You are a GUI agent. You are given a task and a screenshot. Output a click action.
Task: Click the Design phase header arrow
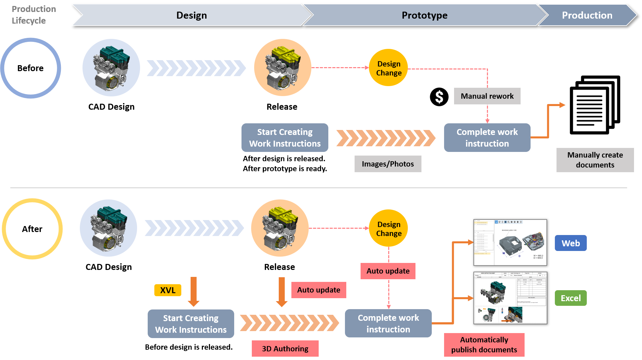click(x=191, y=15)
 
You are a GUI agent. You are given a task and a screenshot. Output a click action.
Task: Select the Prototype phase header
click(x=424, y=15)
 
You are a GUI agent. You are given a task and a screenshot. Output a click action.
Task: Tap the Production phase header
click(x=587, y=15)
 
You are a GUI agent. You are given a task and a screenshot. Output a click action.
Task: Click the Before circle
click(x=31, y=68)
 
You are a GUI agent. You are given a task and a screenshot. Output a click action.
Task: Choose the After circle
click(x=32, y=229)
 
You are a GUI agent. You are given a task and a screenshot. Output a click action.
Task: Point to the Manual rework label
click(x=487, y=96)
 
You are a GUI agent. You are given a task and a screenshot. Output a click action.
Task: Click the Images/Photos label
click(x=388, y=164)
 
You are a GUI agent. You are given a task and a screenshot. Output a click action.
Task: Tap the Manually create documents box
click(x=595, y=160)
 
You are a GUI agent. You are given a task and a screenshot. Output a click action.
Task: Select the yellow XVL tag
click(x=168, y=290)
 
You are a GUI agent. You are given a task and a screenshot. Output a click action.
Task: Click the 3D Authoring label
click(x=285, y=349)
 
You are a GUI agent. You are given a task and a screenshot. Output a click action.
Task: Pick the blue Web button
click(x=570, y=243)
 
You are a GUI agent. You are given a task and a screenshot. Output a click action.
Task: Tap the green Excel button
click(x=570, y=298)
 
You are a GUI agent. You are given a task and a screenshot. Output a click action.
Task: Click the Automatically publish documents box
click(x=484, y=345)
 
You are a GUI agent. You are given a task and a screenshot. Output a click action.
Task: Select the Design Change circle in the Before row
click(x=389, y=68)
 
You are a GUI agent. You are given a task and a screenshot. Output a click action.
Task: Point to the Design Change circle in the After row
click(x=389, y=228)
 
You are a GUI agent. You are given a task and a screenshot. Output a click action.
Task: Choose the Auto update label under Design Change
click(x=388, y=271)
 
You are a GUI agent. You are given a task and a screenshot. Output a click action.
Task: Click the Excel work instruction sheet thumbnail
click(x=510, y=298)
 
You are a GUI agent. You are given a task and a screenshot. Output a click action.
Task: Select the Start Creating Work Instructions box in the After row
click(x=191, y=324)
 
